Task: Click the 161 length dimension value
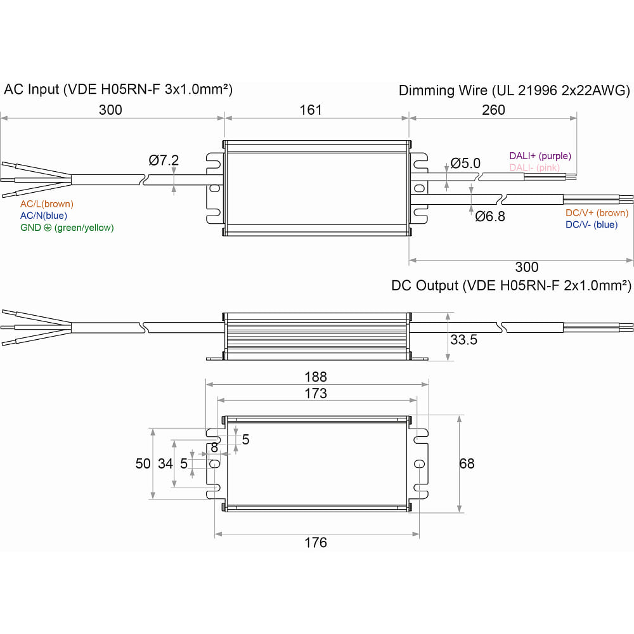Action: click(x=311, y=110)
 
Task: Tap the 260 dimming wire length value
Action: click(x=493, y=110)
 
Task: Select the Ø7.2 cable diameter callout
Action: click(x=164, y=160)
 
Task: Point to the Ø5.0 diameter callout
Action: click(x=466, y=164)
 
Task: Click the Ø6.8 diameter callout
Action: click(x=490, y=217)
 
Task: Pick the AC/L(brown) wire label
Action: click(x=47, y=204)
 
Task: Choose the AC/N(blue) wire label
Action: click(x=44, y=216)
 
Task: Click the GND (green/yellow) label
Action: click(x=67, y=228)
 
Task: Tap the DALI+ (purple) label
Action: click(x=540, y=156)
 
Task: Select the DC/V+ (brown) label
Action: click(x=597, y=213)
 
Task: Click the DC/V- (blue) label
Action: click(x=592, y=224)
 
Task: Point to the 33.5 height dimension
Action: click(x=463, y=340)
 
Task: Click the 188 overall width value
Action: click(x=316, y=377)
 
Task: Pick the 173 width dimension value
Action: click(x=316, y=394)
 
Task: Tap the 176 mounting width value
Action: click(x=316, y=543)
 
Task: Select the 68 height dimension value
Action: click(x=467, y=463)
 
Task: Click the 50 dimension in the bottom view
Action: click(x=143, y=463)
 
